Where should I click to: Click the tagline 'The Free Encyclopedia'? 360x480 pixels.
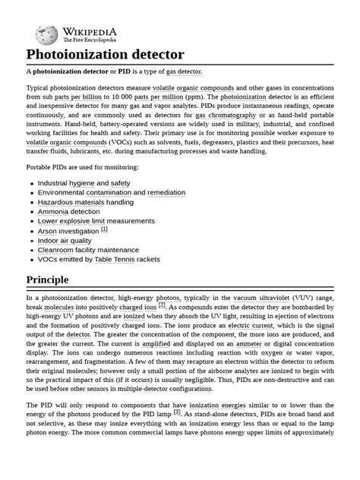[90, 39]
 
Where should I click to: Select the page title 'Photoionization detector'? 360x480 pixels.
[106, 55]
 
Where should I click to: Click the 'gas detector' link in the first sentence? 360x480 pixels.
[184, 71]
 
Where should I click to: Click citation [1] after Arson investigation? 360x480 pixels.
[105, 229]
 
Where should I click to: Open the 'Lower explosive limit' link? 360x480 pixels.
[79, 221]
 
